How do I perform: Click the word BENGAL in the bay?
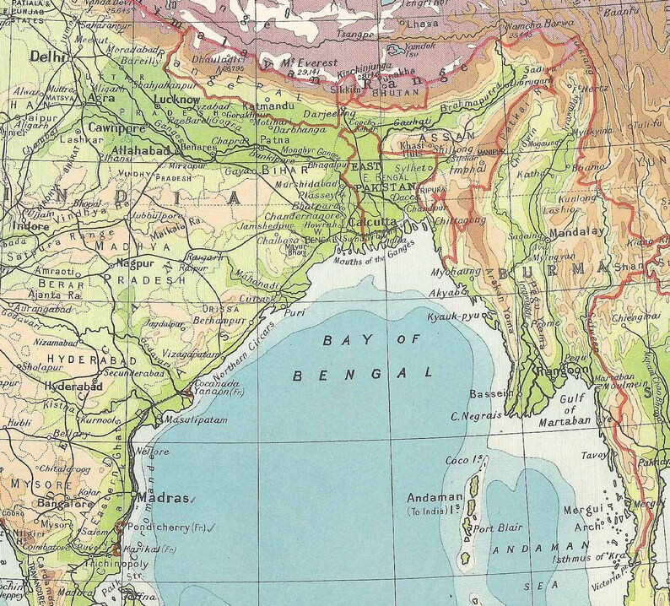(x=362, y=372)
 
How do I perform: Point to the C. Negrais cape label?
(x=477, y=415)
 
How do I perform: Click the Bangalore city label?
(x=35, y=504)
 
